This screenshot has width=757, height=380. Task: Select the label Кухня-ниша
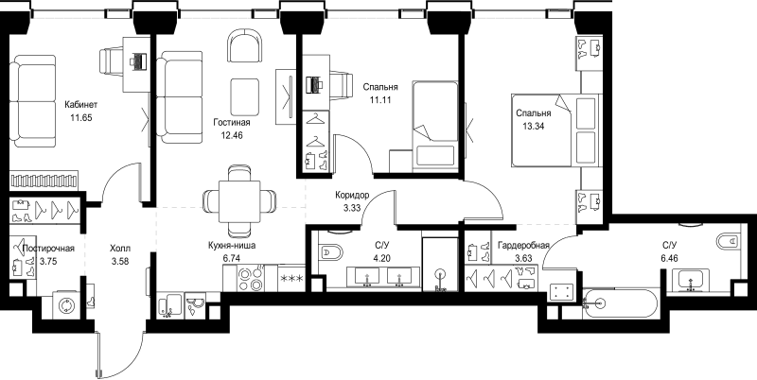tap(231, 243)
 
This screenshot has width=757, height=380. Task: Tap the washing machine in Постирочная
tap(68, 306)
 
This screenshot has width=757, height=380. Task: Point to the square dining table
tap(240, 199)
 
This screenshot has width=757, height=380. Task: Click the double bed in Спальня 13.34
tap(555, 135)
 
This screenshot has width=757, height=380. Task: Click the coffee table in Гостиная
tap(246, 95)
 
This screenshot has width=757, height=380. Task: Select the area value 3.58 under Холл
tap(121, 262)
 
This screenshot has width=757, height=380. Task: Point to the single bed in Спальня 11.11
tap(434, 123)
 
